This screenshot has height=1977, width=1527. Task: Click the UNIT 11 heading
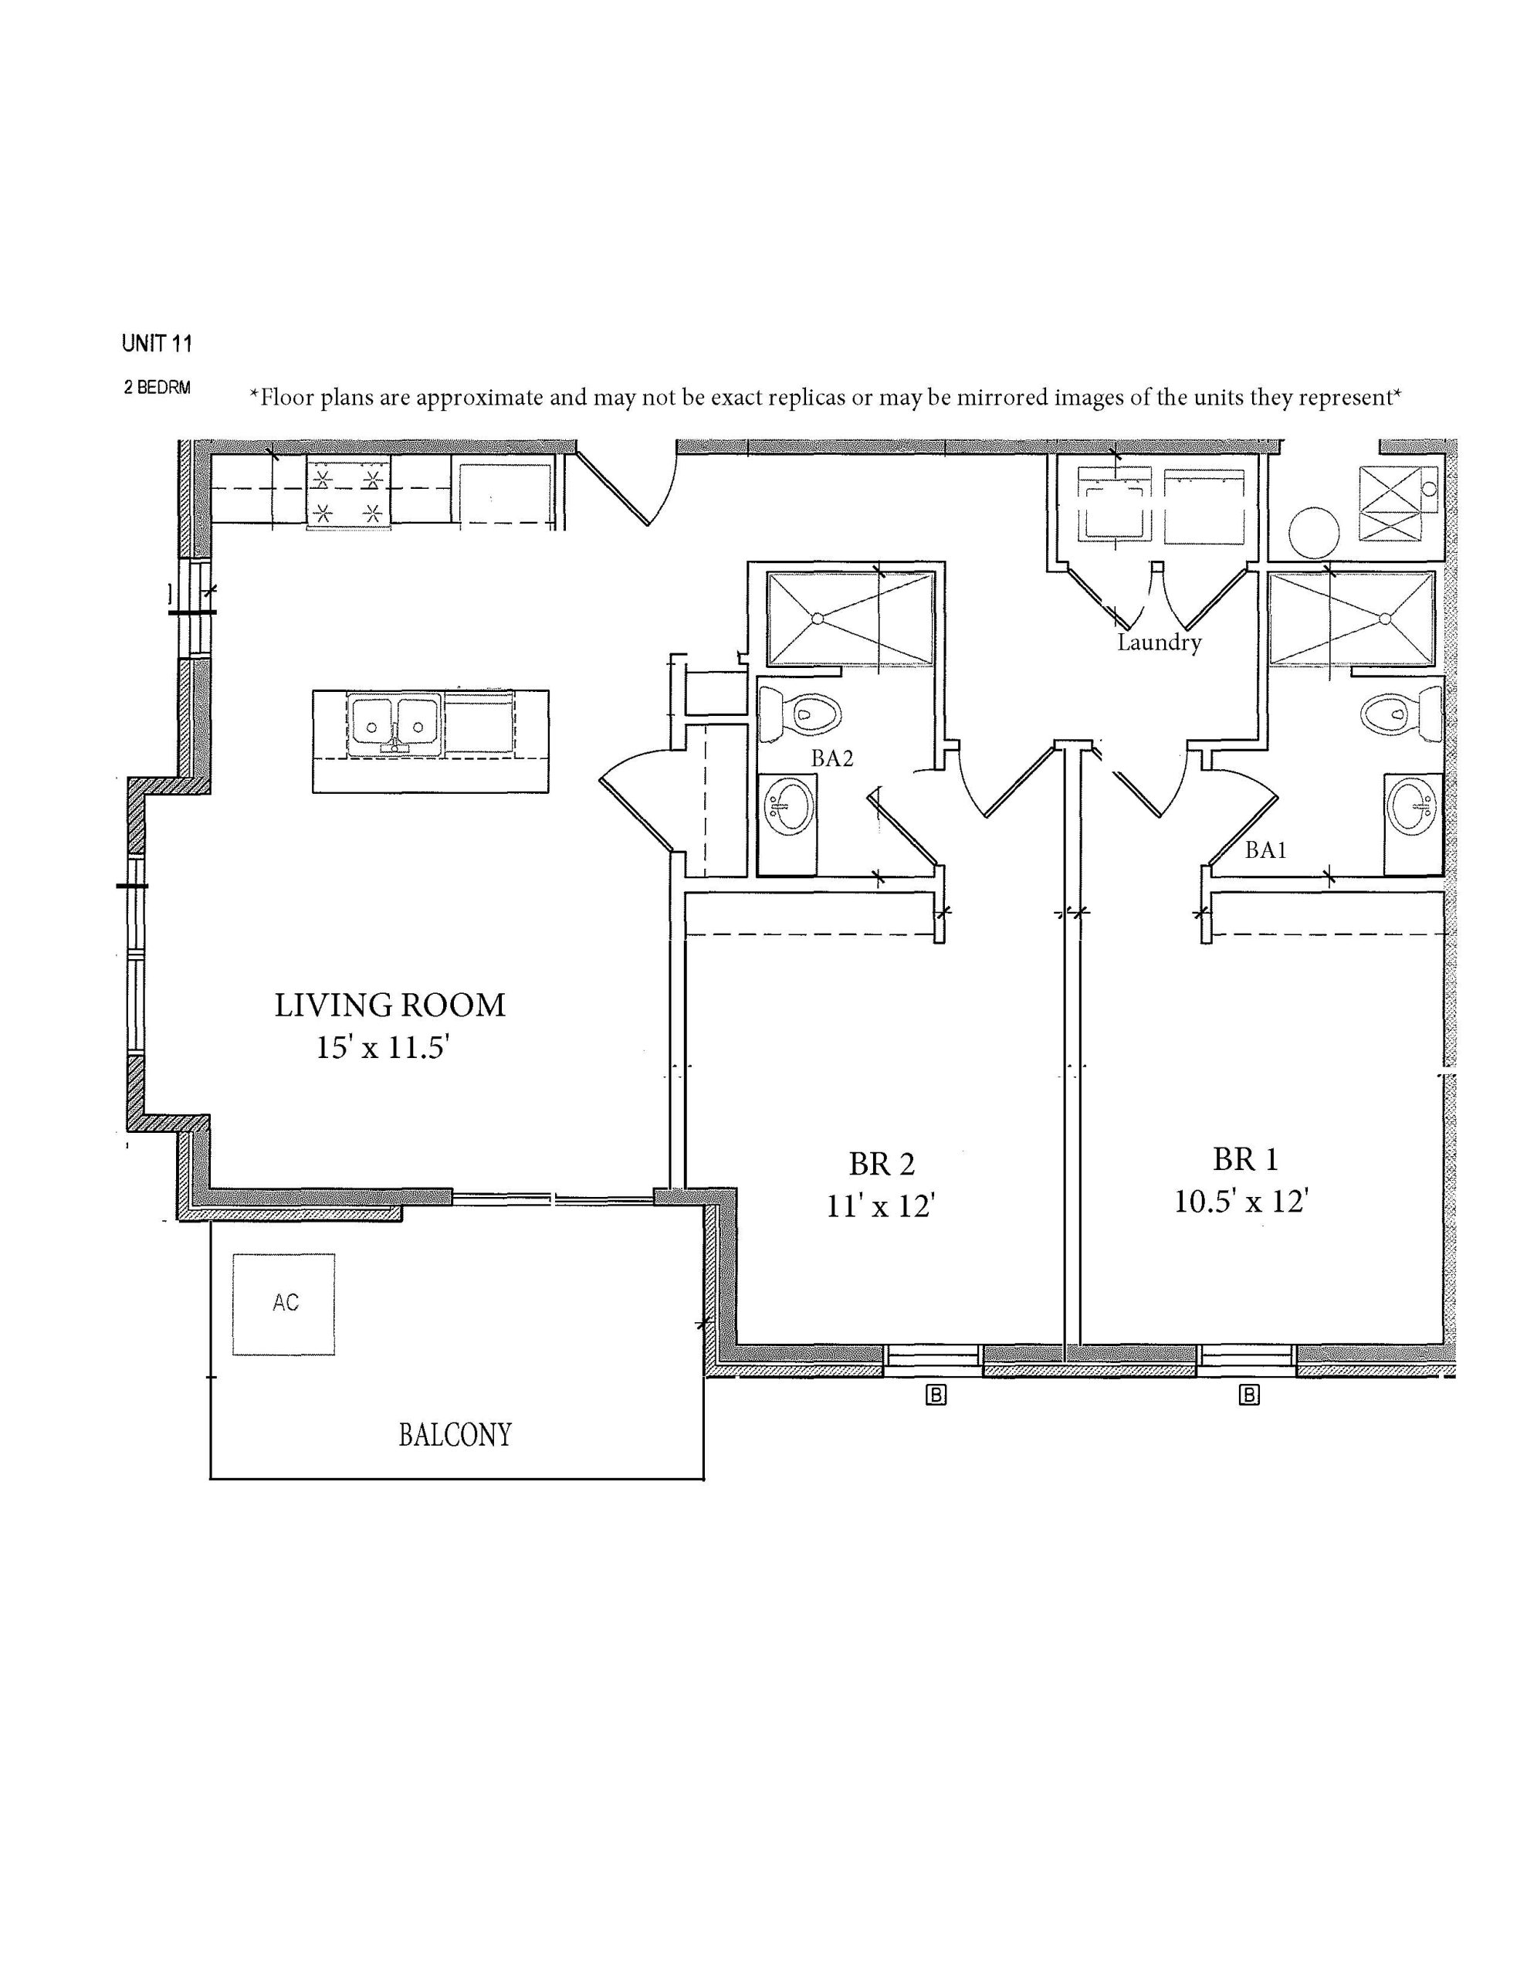[x=157, y=344]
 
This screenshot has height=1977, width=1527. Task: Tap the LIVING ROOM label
[x=390, y=1005]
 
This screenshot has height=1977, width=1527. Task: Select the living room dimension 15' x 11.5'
[x=383, y=1047]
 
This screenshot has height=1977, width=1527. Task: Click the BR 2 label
[x=882, y=1163]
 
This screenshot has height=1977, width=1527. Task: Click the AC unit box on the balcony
[x=283, y=1304]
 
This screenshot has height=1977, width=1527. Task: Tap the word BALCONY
[x=455, y=1435]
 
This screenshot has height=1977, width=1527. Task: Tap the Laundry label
[x=1159, y=643]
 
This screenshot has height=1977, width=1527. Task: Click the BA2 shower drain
[x=818, y=619]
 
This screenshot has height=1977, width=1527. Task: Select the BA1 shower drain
[x=1384, y=619]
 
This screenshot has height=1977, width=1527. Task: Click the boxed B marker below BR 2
[x=936, y=1395]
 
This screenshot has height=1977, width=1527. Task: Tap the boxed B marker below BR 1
[x=1249, y=1395]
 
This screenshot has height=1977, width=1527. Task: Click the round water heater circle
[x=1312, y=532]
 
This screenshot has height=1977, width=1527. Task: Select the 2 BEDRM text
[x=157, y=388]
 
